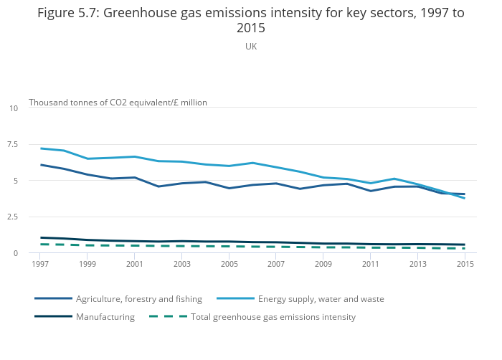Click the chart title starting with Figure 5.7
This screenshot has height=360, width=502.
251,20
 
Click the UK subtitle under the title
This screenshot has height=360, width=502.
251,47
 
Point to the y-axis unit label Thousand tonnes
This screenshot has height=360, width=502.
118,103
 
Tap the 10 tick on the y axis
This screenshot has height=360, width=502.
14,108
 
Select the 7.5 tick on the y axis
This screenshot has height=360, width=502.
12,145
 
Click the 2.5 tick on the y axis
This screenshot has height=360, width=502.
12,217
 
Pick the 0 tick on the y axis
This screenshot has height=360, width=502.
15,253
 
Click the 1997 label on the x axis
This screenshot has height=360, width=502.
41,265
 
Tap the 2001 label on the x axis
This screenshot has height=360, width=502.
135,265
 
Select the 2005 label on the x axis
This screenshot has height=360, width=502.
229,265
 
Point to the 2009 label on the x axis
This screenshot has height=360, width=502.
323,265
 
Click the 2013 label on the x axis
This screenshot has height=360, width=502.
417,265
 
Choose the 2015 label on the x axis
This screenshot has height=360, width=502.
465,265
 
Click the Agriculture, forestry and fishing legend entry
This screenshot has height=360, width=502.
138,299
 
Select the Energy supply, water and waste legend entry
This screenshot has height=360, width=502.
321,299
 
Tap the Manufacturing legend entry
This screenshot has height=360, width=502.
105,317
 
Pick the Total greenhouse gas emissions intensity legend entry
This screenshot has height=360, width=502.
273,317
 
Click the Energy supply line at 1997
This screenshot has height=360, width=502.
41,148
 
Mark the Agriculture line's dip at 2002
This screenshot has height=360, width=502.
158,186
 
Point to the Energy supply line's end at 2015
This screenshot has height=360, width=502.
465,198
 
